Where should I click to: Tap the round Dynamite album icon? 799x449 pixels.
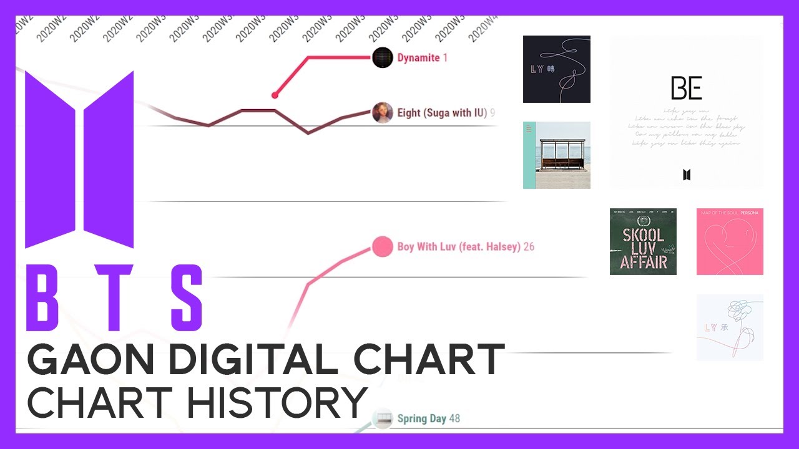[x=382, y=57]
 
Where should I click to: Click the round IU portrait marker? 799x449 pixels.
[x=382, y=112]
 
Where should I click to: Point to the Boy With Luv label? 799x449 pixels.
[x=459, y=247]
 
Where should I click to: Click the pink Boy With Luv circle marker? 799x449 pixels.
[x=382, y=247]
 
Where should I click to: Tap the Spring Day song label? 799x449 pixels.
[x=421, y=418]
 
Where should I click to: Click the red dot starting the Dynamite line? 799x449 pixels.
[x=274, y=95]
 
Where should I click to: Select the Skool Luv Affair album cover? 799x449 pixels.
[x=643, y=241]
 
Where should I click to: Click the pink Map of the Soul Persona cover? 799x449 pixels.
[x=730, y=241]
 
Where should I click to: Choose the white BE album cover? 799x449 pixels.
[x=686, y=112]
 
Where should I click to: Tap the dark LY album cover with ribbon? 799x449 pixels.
[x=556, y=69]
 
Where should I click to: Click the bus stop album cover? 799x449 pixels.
[x=556, y=155]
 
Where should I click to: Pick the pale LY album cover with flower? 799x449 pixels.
[x=730, y=327]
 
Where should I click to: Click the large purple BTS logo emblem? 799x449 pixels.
[x=79, y=159]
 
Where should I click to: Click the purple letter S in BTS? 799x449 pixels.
[x=181, y=298]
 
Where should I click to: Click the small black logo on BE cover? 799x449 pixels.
[x=687, y=175]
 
